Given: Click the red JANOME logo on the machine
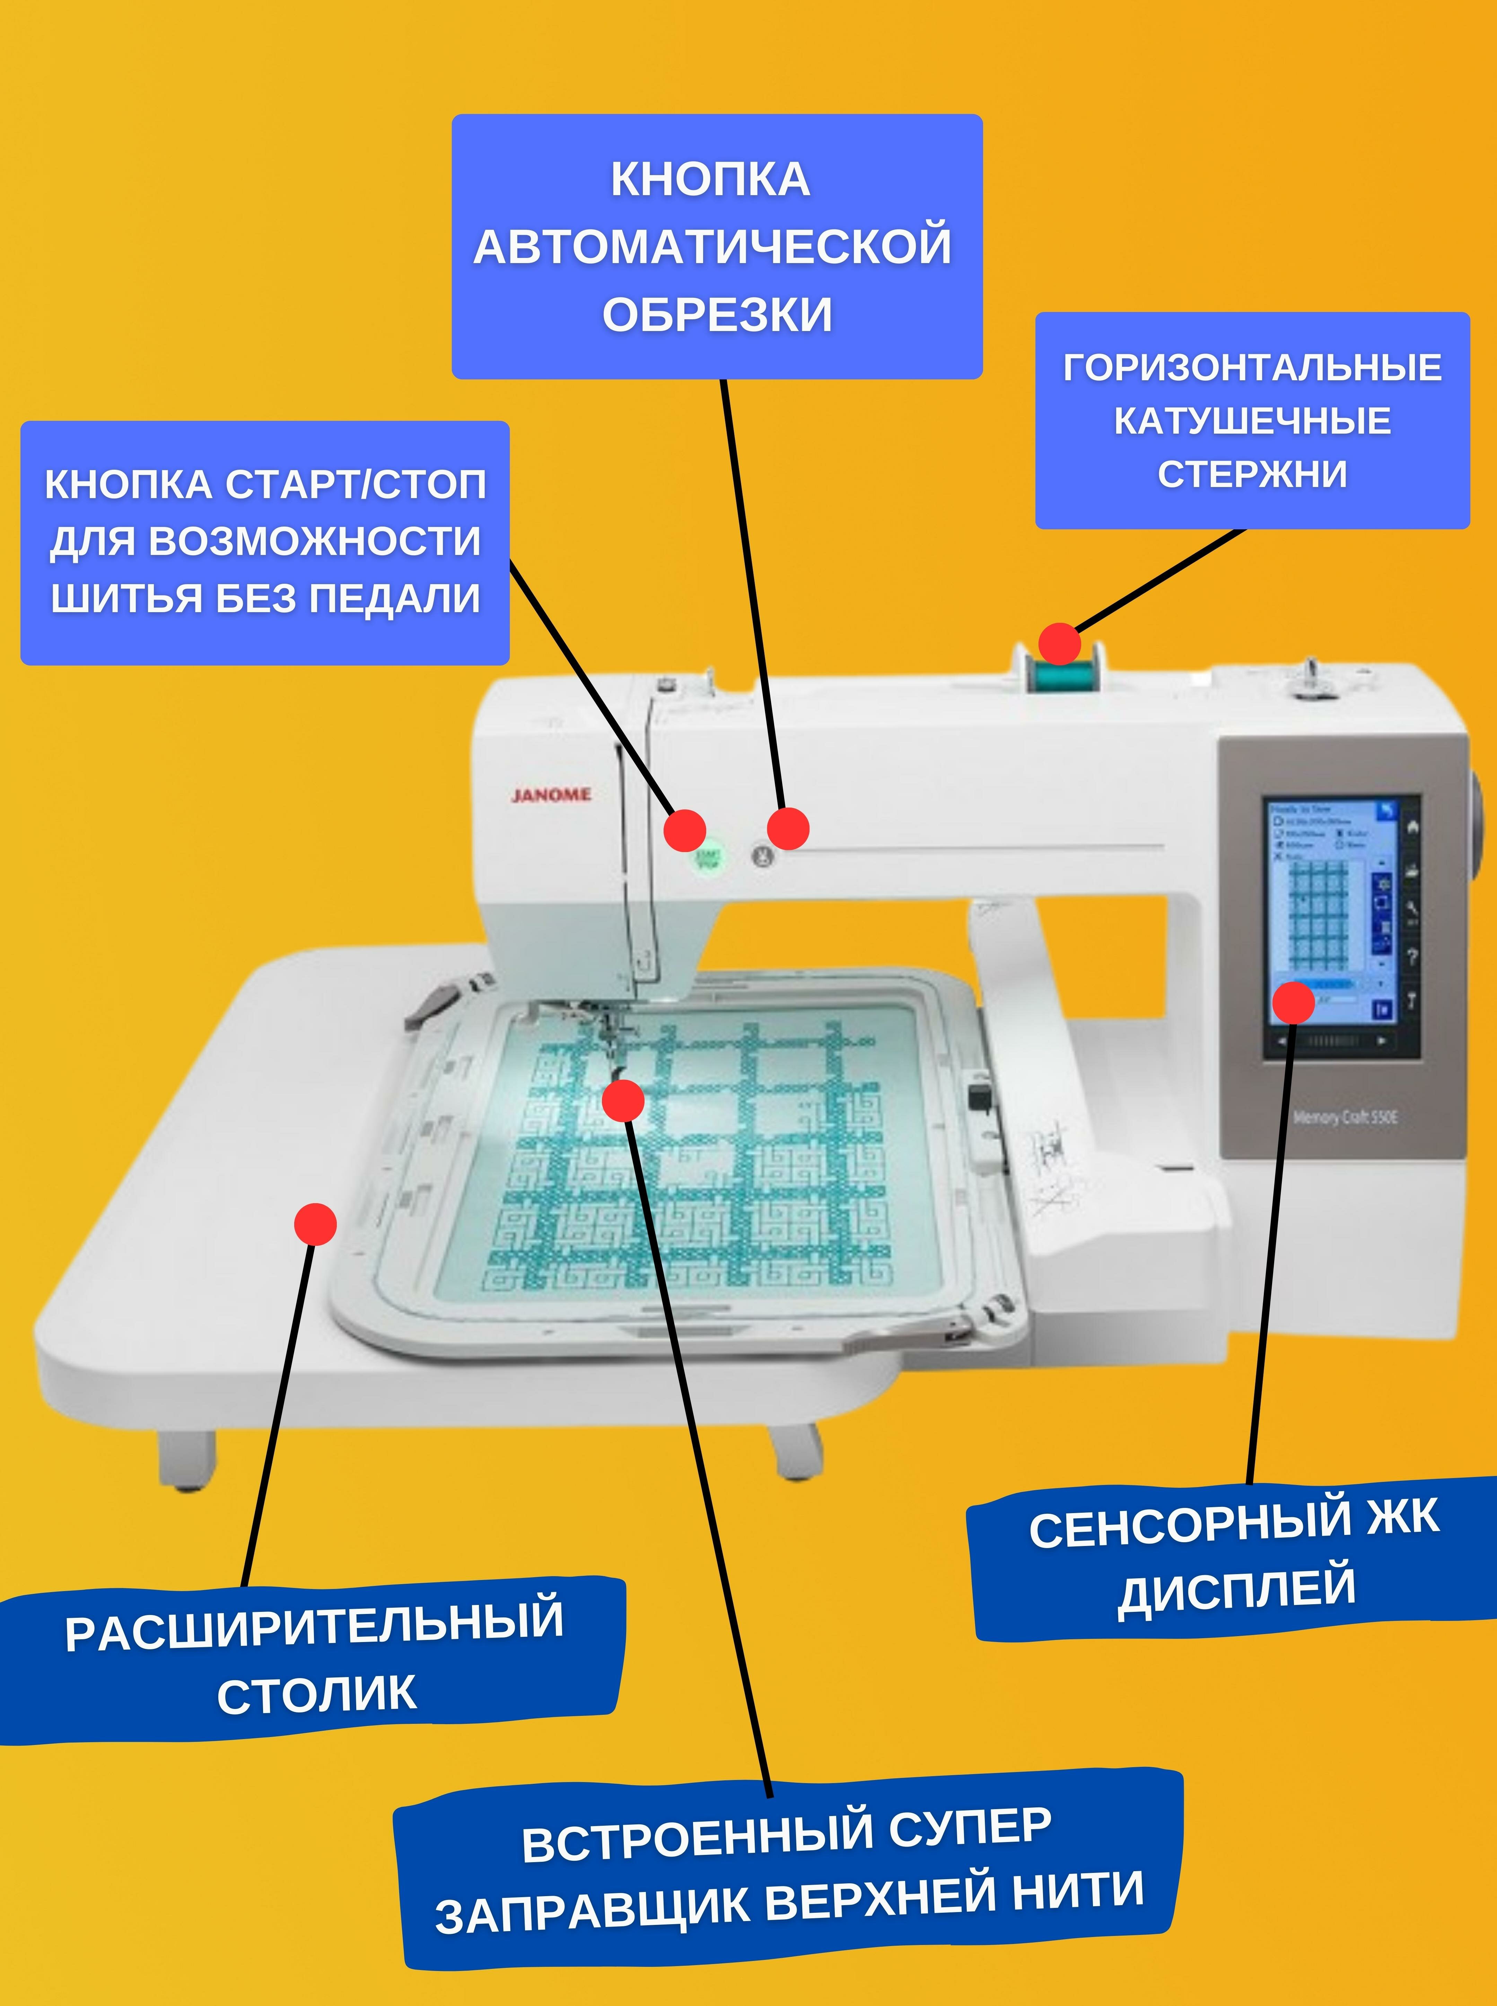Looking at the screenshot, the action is point(551,795).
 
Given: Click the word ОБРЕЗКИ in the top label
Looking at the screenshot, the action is point(717,315).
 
